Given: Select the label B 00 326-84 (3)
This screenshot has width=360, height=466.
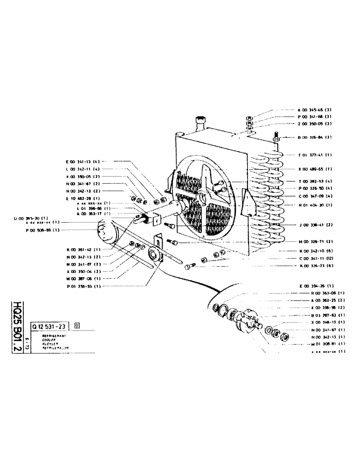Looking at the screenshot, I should click(314, 137).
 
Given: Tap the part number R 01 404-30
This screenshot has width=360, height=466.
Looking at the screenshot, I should click(315, 205).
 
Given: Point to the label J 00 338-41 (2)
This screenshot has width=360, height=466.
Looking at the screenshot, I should click(315, 225).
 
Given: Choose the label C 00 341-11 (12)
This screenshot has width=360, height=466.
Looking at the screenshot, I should click(315, 258).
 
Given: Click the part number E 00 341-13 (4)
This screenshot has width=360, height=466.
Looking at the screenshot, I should click(83, 162).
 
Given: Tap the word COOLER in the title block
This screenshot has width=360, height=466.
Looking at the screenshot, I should click(49, 340).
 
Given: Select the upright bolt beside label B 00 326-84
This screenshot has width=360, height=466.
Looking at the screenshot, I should click(276, 138).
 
